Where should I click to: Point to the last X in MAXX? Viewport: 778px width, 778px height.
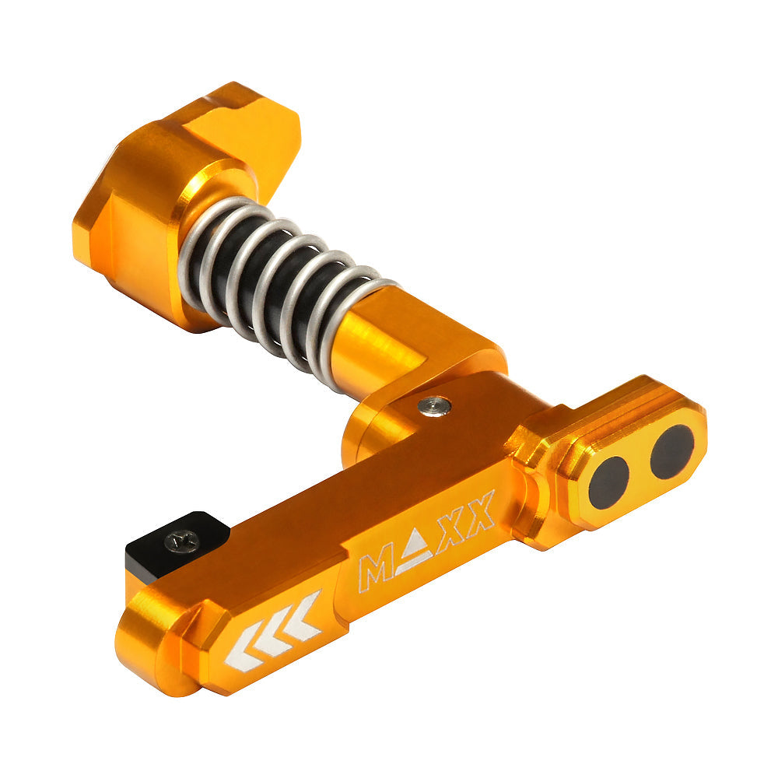point(482,510)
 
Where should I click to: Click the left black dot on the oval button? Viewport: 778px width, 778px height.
point(608,482)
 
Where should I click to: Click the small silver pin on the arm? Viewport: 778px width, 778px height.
point(433,405)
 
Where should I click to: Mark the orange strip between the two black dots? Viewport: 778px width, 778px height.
point(640,468)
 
